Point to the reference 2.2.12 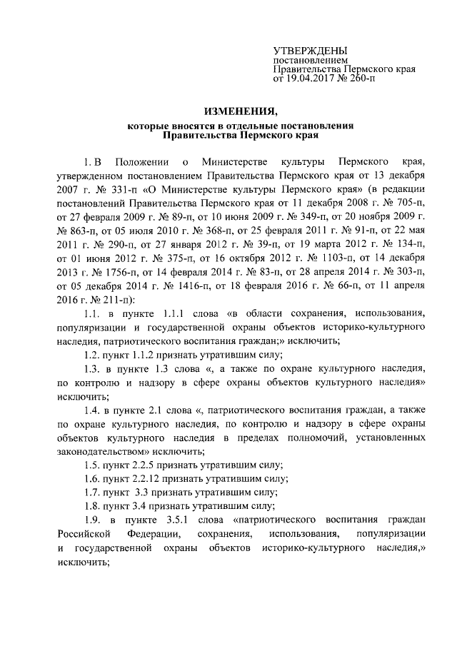(143, 478)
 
